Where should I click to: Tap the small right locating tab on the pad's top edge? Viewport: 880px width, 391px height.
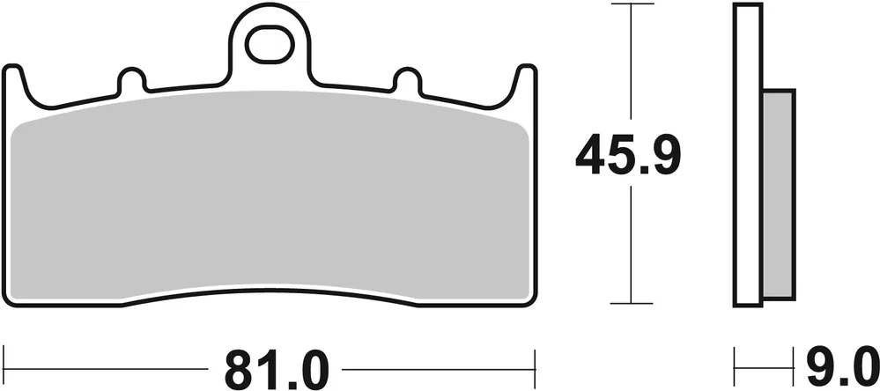pos(407,80)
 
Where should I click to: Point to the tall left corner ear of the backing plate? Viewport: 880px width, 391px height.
pos(12,84)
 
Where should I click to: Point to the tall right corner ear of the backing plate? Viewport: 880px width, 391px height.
pos(526,84)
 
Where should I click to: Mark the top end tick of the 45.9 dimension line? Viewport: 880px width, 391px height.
pos(631,5)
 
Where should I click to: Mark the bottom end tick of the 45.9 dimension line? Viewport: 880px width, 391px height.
pos(631,304)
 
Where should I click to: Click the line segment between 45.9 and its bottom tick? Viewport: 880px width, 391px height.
pos(631,247)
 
